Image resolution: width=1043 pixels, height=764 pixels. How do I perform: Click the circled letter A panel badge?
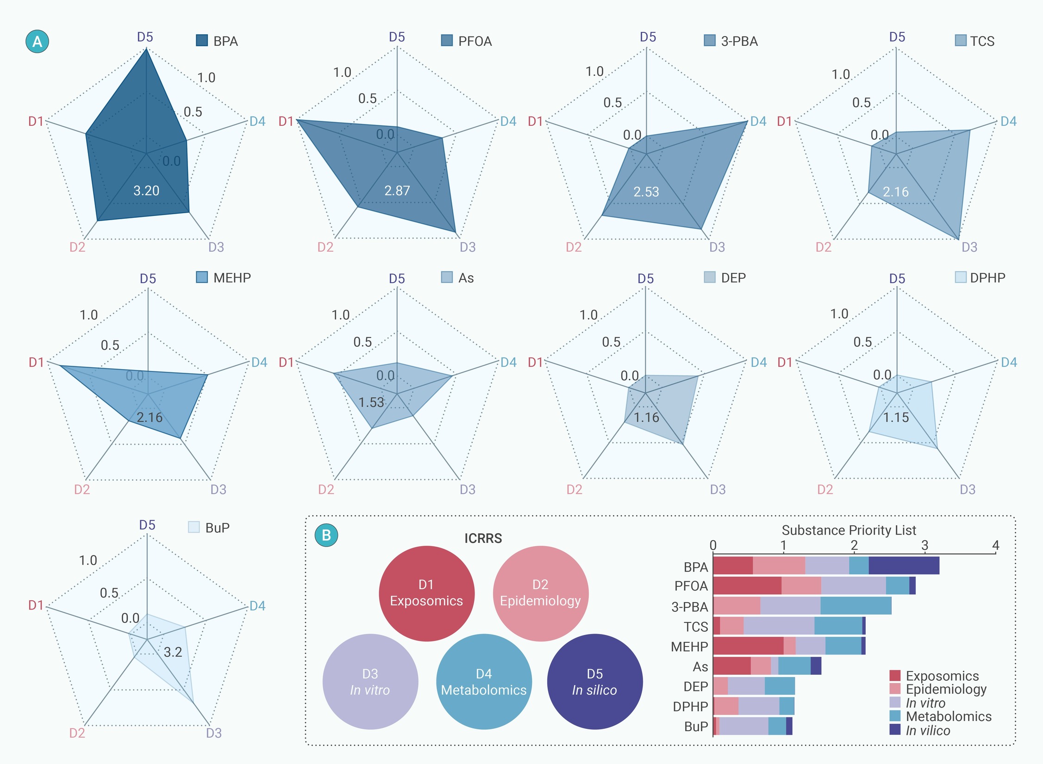tap(37, 42)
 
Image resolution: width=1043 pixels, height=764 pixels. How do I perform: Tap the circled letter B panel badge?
tap(326, 535)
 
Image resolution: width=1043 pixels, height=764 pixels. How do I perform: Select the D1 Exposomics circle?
tap(426, 593)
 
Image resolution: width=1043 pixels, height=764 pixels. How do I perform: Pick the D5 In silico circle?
tap(595, 682)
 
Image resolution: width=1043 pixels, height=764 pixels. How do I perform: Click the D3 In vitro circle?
tap(370, 682)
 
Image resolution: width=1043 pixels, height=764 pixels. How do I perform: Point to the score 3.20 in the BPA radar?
tap(146, 191)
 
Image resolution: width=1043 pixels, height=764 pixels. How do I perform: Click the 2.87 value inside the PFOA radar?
tap(397, 191)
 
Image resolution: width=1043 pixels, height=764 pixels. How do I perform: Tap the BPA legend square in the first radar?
tap(202, 40)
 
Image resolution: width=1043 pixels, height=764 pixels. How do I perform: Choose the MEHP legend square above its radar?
tap(202, 277)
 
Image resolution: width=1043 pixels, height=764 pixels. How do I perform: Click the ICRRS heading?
tap(483, 538)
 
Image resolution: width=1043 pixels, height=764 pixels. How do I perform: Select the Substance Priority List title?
tap(849, 530)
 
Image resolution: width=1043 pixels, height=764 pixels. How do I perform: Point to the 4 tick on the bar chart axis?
tap(996, 546)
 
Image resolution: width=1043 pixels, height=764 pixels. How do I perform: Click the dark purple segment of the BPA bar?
tap(904, 566)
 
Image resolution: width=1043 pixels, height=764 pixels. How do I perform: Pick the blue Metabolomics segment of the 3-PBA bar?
tap(856, 605)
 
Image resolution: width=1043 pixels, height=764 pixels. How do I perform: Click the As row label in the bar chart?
tap(700, 666)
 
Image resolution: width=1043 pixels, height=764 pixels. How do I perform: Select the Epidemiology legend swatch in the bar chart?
tap(895, 689)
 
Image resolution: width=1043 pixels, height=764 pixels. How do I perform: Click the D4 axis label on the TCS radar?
tap(1008, 121)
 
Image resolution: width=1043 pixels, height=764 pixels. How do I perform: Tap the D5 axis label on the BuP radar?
tap(147, 525)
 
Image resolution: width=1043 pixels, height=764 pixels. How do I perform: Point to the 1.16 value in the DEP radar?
tap(646, 418)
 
